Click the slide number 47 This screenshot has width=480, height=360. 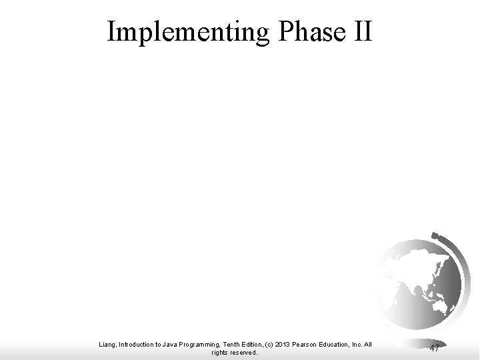pos(434,348)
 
